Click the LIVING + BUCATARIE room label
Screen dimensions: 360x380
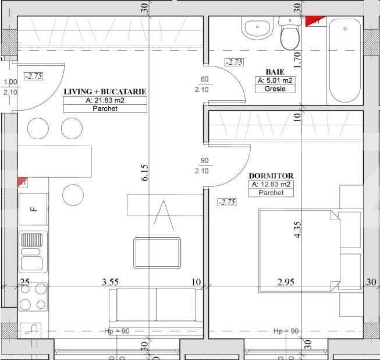105,91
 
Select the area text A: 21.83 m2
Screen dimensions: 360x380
105,100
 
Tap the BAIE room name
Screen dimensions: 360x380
275,72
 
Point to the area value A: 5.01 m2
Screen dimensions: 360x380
275,81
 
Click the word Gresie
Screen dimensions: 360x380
275,90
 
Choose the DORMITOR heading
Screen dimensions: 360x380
271,175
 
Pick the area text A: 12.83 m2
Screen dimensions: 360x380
271,185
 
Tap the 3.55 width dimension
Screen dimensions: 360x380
111,282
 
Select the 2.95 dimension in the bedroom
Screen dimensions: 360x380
286,282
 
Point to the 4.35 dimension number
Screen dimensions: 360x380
297,229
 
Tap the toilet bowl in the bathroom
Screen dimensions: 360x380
289,36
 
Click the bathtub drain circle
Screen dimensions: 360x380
344,28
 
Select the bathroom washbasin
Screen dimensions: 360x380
255,28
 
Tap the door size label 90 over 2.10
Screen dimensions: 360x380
204,165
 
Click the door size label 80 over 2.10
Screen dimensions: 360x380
204,84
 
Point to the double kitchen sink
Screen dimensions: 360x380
33,252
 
